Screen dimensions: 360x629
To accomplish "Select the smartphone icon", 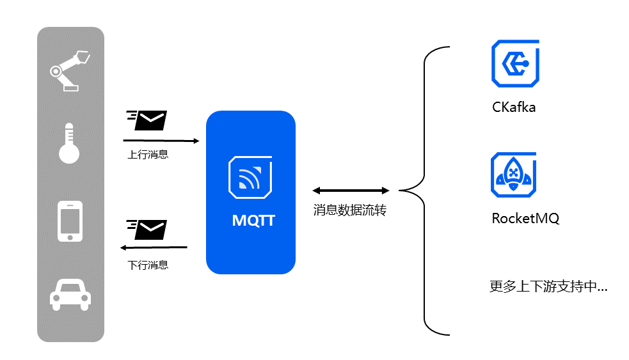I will pyautogui.click(x=70, y=222).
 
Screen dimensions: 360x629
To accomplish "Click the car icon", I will pyautogui.click(x=70, y=293).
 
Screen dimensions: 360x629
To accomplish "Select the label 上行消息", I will pyautogui.click(x=148, y=154).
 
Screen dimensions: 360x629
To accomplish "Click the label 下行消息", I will pyautogui.click(x=148, y=264).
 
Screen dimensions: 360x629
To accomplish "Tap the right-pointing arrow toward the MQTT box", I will pyautogui.click(x=160, y=139).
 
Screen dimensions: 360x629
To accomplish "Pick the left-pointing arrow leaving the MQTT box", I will pyautogui.click(x=154, y=247).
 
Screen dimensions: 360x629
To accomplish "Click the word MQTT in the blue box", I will pyautogui.click(x=253, y=221).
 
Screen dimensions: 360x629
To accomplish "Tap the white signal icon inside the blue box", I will pyautogui.click(x=250, y=178).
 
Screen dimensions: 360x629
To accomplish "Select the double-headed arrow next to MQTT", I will pyautogui.click(x=351, y=191).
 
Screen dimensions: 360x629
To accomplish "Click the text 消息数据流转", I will pyautogui.click(x=349, y=210).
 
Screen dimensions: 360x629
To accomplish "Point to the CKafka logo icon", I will pyautogui.click(x=514, y=63).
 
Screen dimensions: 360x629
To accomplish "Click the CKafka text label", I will pyautogui.click(x=513, y=107).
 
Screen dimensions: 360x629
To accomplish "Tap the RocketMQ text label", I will pyautogui.click(x=525, y=218).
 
